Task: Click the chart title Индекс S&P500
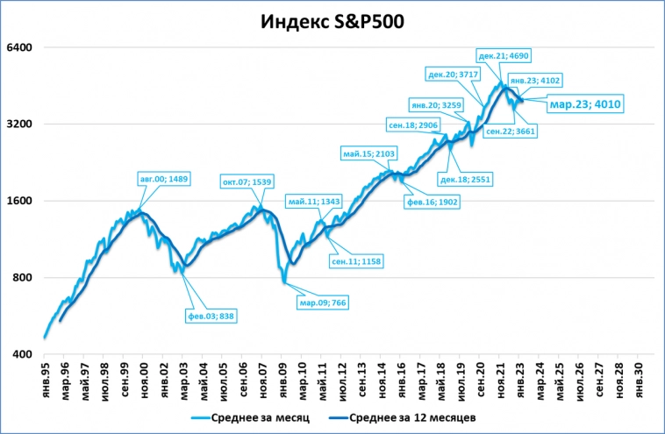[332, 22]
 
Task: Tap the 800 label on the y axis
[20, 278]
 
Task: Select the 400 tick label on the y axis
[20, 355]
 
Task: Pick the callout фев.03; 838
[211, 316]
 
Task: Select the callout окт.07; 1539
[250, 181]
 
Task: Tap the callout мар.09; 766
[322, 303]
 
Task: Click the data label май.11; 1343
[313, 202]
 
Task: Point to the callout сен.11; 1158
[356, 261]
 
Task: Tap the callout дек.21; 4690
[504, 55]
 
